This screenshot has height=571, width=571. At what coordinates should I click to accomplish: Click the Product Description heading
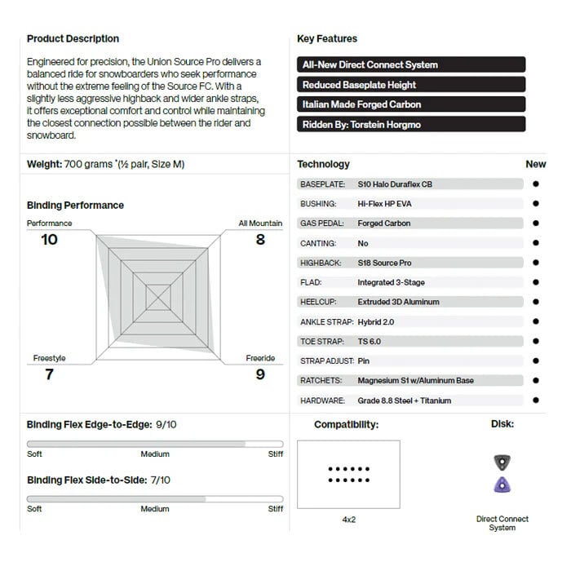coord(73,38)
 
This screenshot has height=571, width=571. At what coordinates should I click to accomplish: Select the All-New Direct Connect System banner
coord(411,64)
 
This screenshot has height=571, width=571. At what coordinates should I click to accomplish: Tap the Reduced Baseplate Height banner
coord(411,85)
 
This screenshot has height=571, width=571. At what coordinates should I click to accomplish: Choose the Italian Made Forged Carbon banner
coord(411,104)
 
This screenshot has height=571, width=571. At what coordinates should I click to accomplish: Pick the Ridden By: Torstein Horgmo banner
coord(411,125)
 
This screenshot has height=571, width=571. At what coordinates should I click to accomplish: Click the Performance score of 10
coord(50,240)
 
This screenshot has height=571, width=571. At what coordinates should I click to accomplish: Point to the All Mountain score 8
coord(260,240)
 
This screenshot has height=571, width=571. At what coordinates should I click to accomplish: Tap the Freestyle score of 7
coord(49,374)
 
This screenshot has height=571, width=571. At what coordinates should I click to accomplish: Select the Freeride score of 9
coord(260,374)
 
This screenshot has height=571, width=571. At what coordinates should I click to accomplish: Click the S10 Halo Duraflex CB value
coord(395,184)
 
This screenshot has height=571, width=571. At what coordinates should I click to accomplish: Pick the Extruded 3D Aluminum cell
coord(398,302)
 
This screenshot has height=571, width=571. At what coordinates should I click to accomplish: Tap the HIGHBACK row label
coord(322,263)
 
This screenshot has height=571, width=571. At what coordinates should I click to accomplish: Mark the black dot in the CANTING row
coord(536,243)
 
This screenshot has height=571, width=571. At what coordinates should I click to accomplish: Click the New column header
coord(535,164)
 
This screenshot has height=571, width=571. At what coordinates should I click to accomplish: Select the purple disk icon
coord(502,485)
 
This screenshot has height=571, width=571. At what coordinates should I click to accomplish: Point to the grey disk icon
coord(502,463)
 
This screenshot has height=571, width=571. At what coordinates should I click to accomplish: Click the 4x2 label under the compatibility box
coord(348,520)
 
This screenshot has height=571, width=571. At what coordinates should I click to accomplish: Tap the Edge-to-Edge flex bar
coord(155,444)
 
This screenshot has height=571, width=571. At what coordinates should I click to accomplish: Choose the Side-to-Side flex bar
coord(155,498)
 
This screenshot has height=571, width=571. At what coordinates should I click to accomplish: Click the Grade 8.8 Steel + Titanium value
coord(404,401)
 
